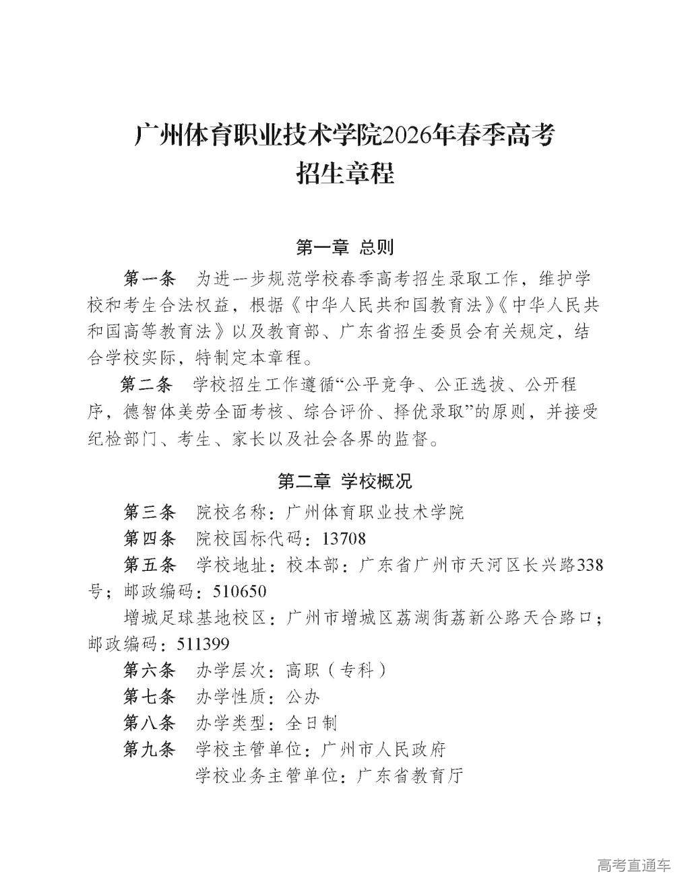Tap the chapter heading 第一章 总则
(x=345, y=248)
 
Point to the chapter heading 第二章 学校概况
(x=345, y=481)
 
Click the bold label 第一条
(x=149, y=279)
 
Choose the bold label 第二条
(x=147, y=384)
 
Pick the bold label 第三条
(x=149, y=512)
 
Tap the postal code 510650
(x=239, y=592)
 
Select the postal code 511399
(x=203, y=644)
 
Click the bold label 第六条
(x=149, y=671)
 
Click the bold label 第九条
(x=149, y=749)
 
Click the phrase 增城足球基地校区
(x=196, y=618)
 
